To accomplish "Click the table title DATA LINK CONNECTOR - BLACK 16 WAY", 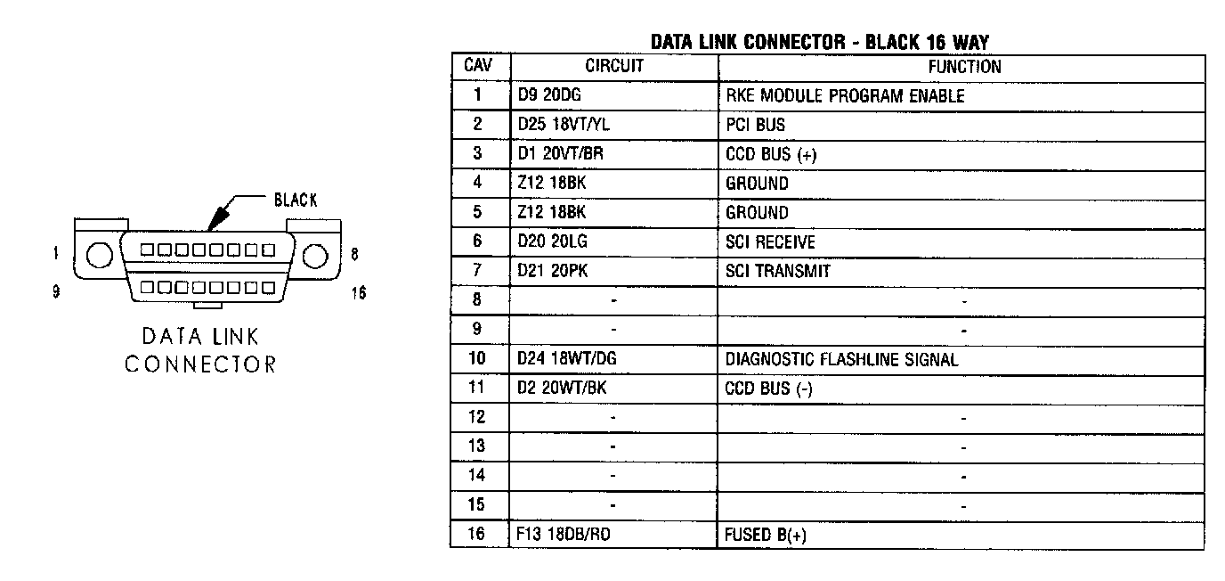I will (820, 42).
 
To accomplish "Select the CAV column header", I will (478, 66).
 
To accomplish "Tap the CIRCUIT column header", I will (613, 66).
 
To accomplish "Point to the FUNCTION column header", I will (964, 66).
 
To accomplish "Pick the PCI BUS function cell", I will (756, 125).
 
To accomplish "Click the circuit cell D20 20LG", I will (552, 241).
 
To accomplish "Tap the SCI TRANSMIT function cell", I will (778, 271).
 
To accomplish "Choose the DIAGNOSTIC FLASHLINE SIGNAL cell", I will (842, 359).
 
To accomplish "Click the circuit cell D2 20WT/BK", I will (563, 389).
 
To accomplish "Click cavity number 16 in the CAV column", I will (478, 535).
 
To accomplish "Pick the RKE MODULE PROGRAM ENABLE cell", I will (845, 95).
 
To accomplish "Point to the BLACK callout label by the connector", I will (296, 200).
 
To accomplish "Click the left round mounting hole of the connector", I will (99, 256).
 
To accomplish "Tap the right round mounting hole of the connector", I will (314, 256).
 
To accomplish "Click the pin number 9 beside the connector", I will (56, 291).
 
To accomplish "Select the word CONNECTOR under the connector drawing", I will (200, 364).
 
